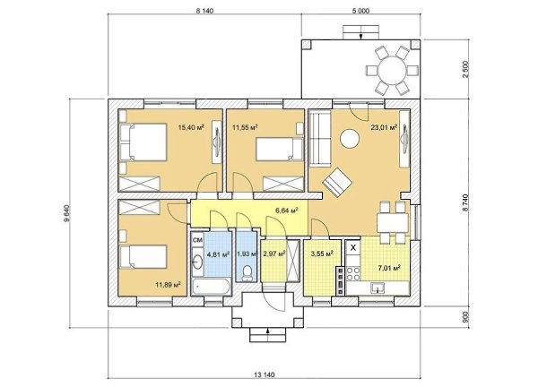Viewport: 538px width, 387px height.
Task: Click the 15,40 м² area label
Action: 191,127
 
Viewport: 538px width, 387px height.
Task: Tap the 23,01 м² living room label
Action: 384,127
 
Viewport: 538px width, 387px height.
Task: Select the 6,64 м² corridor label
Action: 287,210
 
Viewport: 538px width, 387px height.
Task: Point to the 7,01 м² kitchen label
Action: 389,268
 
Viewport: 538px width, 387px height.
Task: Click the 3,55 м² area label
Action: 322,254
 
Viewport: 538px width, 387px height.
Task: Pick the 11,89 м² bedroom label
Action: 169,285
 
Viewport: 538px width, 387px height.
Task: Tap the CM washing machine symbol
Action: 197,240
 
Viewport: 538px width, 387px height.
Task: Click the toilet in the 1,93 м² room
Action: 247,273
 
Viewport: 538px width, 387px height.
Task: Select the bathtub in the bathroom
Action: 212,287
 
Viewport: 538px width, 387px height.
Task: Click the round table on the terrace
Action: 392,70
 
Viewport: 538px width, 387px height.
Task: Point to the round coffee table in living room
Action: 350,139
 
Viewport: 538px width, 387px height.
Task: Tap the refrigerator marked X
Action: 353,247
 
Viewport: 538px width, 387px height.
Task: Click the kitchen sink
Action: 378,288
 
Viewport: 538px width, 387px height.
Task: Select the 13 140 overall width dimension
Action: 265,375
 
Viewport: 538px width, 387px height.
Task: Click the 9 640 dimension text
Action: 67,213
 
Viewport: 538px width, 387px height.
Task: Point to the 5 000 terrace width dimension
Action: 360,11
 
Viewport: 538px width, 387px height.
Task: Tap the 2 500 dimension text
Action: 465,69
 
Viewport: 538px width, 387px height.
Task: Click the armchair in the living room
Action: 337,182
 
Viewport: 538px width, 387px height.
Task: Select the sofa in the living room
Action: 320,138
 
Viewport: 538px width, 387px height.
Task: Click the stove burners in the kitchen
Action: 353,273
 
